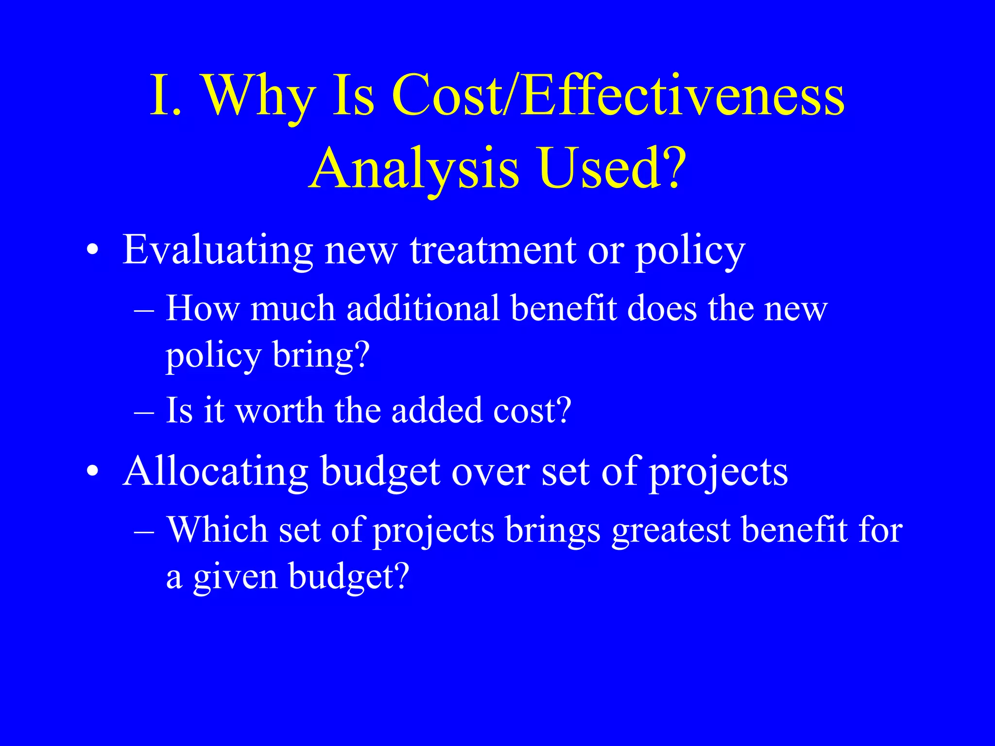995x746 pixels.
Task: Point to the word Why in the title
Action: [x=258, y=96]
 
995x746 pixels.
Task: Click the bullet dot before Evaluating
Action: [x=92, y=251]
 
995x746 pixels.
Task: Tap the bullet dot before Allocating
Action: [x=92, y=472]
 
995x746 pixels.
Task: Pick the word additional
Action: [x=423, y=308]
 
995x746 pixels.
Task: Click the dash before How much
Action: [x=144, y=309]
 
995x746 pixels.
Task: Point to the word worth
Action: [x=279, y=410]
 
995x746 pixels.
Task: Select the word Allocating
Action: [x=216, y=472]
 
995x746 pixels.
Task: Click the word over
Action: [x=491, y=472]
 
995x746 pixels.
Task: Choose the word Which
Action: [x=217, y=529]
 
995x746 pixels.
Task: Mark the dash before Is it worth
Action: [x=144, y=411]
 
